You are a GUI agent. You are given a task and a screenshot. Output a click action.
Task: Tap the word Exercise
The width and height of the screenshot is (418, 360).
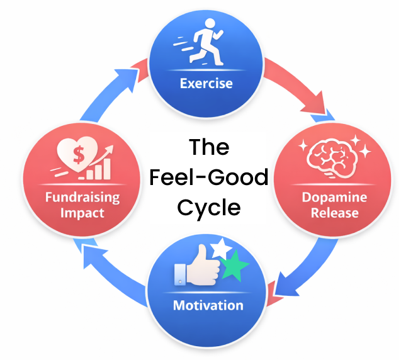[206, 83]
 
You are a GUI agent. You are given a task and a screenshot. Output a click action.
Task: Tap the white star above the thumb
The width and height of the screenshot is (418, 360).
[222, 248]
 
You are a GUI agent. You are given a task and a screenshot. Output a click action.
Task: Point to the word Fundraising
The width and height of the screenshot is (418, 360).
[82, 197]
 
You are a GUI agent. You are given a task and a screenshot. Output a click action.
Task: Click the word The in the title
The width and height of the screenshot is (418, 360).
[208, 149]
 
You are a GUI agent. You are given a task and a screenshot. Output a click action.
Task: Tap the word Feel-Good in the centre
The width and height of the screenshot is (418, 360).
[209, 177]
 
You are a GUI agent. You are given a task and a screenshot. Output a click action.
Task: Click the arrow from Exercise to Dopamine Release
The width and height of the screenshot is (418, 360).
[300, 89]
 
